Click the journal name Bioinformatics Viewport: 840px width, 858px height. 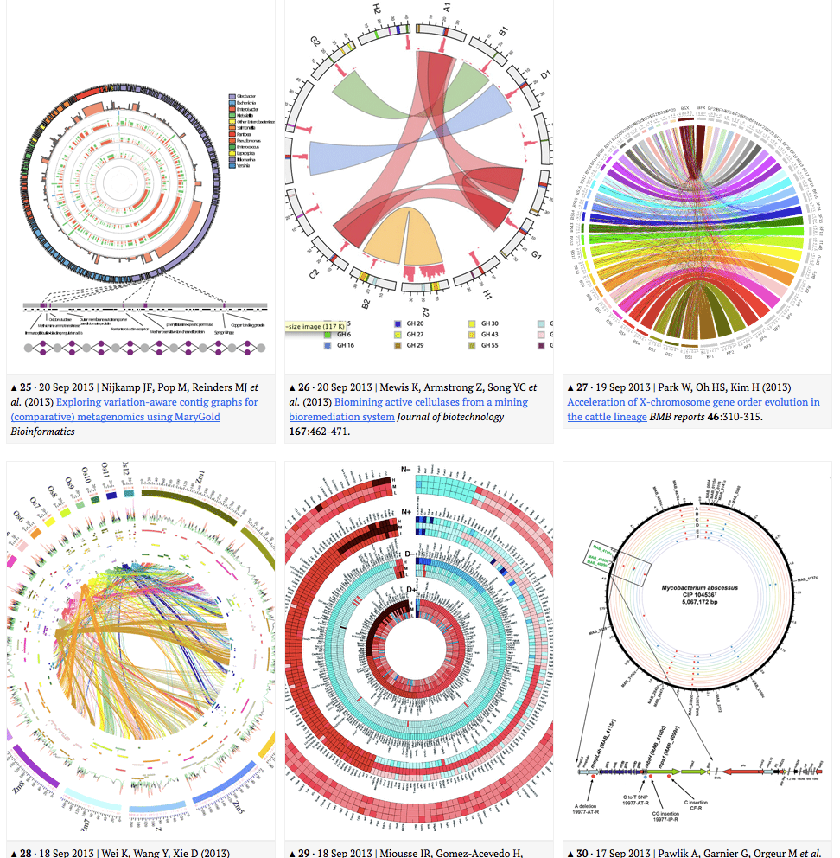[41, 431]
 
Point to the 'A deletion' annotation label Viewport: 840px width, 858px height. [597, 805]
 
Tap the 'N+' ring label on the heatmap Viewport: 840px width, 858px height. [406, 511]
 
